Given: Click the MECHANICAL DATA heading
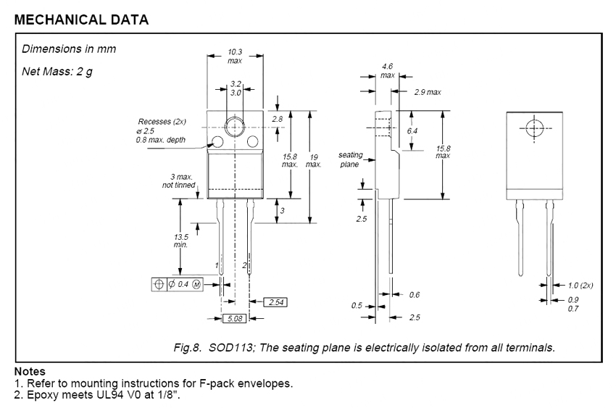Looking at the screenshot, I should (81, 20).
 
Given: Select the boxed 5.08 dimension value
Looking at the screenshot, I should (235, 318).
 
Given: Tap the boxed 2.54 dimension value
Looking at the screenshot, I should (275, 301).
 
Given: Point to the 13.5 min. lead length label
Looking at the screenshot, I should (181, 241).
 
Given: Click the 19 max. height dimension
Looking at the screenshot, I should (314, 159).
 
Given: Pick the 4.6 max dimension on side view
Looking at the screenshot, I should (388, 70).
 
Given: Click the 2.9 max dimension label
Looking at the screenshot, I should (428, 92).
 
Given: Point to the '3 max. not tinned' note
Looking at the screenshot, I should (178, 181).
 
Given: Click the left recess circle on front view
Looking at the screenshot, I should (217, 142).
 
